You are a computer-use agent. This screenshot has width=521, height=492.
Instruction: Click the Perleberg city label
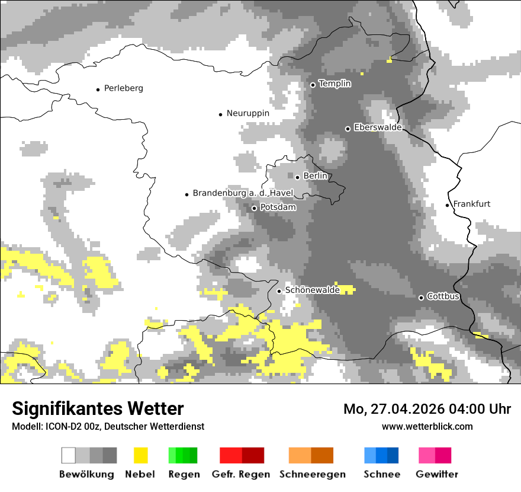(x=123, y=88)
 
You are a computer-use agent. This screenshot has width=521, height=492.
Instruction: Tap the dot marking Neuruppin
(x=220, y=114)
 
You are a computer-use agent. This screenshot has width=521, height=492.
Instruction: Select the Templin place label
(x=335, y=84)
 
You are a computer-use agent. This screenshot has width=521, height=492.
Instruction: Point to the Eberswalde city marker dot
(x=348, y=129)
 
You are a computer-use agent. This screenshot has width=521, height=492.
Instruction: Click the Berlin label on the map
(x=315, y=176)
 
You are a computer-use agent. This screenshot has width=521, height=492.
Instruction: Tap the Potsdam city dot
(x=254, y=208)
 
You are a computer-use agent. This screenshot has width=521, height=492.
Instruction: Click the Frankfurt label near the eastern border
(x=472, y=204)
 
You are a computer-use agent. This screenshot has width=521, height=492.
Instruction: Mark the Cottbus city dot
(x=421, y=298)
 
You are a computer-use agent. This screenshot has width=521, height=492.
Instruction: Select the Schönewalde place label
(x=312, y=290)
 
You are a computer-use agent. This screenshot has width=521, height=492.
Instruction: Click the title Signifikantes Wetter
(x=98, y=408)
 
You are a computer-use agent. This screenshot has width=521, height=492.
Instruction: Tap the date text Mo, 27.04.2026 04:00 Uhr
(x=427, y=409)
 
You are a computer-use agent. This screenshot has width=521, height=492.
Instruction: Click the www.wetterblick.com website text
(x=427, y=426)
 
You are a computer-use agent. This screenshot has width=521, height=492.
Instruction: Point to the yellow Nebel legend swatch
(x=140, y=455)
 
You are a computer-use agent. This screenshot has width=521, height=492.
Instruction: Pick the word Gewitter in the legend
(x=436, y=474)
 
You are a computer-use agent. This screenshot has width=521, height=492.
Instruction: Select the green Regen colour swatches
(x=183, y=455)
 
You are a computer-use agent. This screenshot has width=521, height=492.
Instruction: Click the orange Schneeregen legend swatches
(x=311, y=455)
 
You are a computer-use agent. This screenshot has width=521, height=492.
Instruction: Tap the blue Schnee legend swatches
(x=381, y=455)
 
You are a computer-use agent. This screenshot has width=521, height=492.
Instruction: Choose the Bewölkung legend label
(x=86, y=474)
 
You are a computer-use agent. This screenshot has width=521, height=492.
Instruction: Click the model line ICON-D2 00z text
(x=108, y=426)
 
